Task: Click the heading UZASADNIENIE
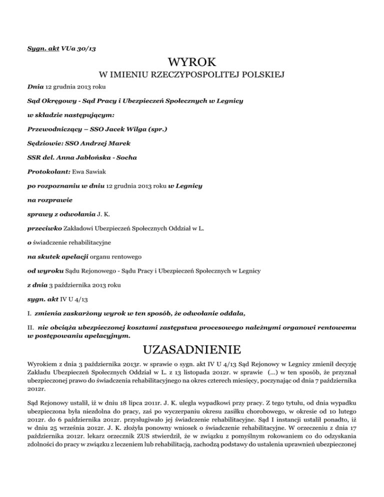(192, 348)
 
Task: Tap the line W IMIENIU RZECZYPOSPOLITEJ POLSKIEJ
(192, 76)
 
